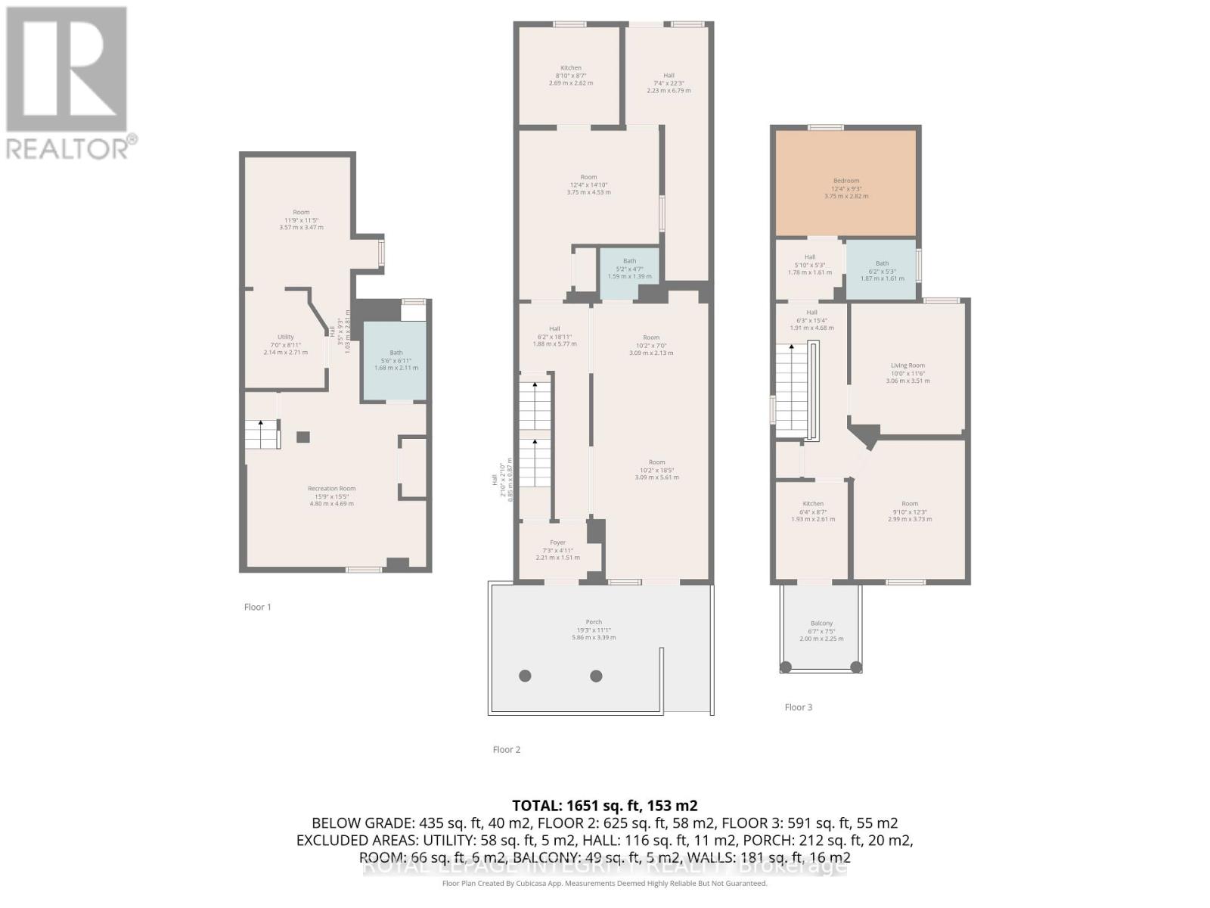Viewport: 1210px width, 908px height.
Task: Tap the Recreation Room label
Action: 331,489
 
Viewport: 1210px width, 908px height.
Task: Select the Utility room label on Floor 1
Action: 285,337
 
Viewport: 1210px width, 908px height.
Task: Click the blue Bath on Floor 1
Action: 395,360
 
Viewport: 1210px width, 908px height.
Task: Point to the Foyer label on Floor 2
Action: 557,543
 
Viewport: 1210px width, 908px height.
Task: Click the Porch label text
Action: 594,623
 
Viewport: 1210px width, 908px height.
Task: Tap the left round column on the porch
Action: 525,676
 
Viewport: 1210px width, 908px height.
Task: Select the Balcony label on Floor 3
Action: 821,623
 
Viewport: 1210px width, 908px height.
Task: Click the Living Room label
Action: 907,365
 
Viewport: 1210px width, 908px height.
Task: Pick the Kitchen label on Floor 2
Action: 571,68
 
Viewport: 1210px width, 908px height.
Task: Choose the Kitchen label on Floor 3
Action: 813,504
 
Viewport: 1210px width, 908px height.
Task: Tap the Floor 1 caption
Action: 257,607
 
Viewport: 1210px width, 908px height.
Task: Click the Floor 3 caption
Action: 798,707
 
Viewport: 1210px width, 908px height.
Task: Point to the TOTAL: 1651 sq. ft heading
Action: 604,805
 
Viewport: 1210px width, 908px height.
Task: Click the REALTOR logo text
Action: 72,148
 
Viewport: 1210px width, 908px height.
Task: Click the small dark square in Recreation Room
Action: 302,437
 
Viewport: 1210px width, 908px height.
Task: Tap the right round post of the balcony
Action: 856,667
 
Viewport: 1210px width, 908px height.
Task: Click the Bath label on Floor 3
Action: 882,263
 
